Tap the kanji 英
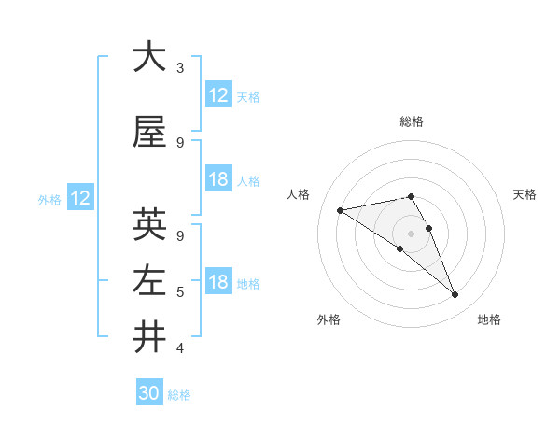pyautogui.click(x=149, y=225)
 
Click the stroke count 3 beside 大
pyautogui.click(x=180, y=68)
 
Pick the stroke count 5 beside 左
pyautogui.click(x=180, y=292)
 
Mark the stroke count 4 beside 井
pyautogui.click(x=180, y=349)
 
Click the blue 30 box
pyautogui.click(x=149, y=393)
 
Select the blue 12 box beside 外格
pyautogui.click(x=80, y=198)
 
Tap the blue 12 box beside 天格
pyautogui.click(x=218, y=95)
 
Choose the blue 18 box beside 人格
pyautogui.click(x=218, y=179)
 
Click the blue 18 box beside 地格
pyautogui.click(x=218, y=282)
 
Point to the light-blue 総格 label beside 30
pyautogui.click(x=179, y=395)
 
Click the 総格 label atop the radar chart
pyautogui.click(x=412, y=121)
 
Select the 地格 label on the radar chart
pyautogui.click(x=489, y=320)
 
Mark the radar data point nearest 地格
pyautogui.click(x=455, y=295)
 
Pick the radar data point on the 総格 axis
pyautogui.click(x=412, y=196)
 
